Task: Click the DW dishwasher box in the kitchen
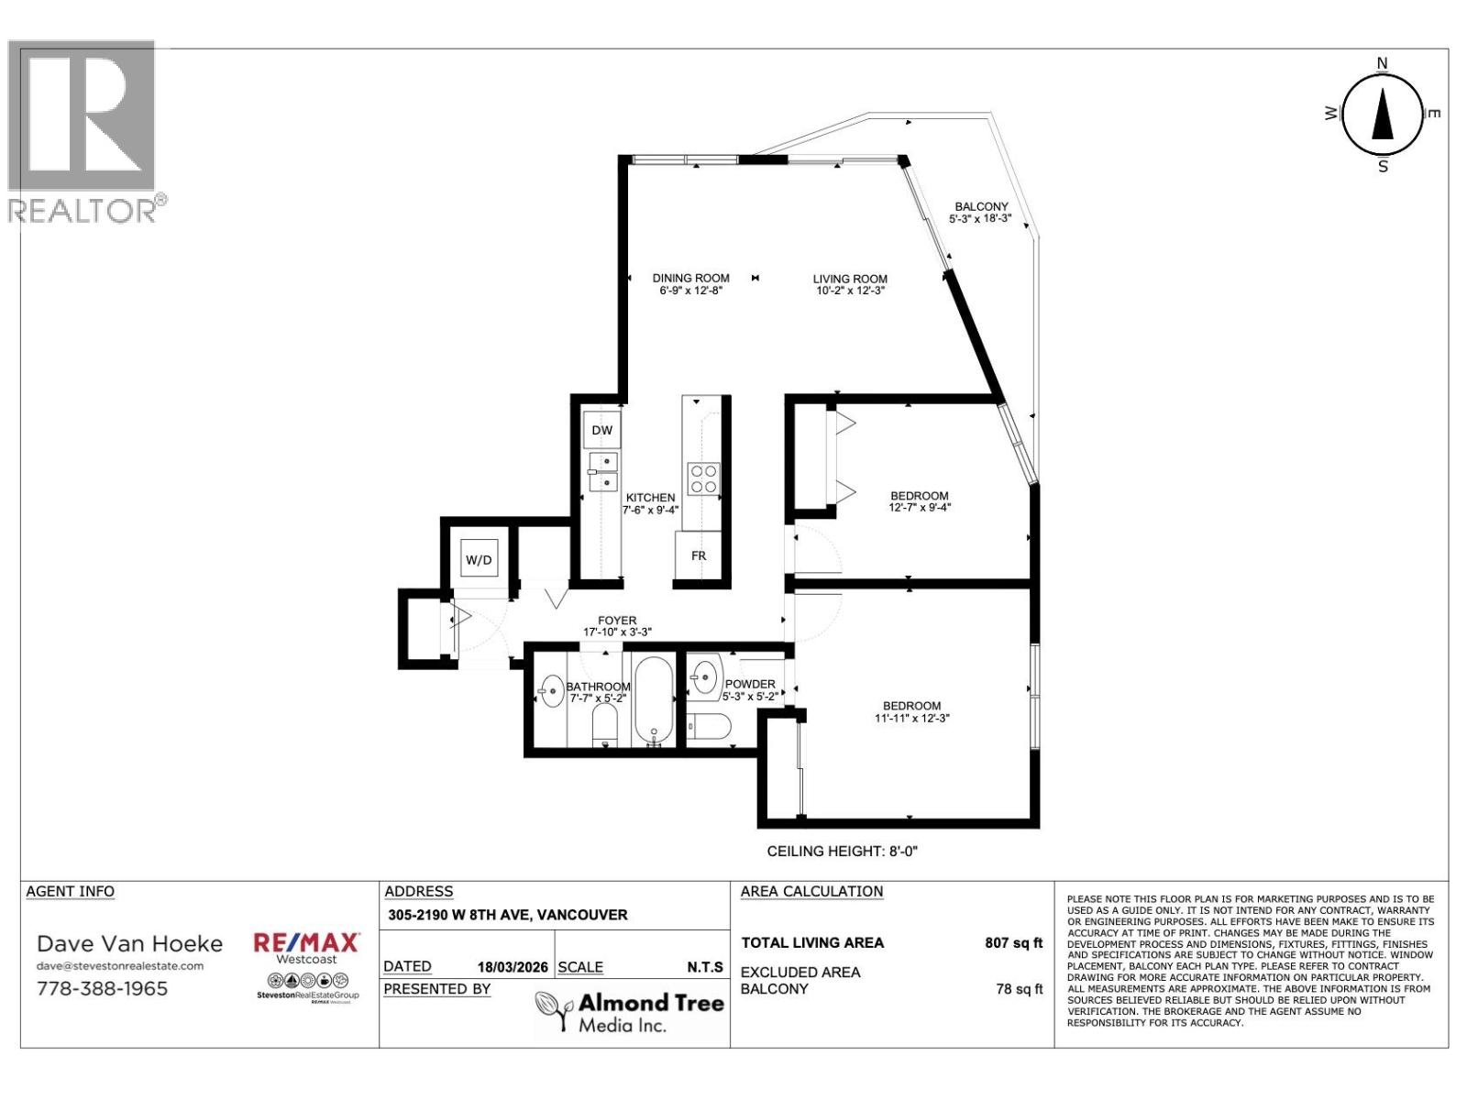click(x=601, y=430)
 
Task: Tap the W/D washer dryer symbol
click(x=479, y=559)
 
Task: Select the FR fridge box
click(x=699, y=555)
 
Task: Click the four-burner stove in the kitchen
click(x=704, y=479)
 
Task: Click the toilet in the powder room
click(x=710, y=727)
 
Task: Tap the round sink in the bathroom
click(x=552, y=694)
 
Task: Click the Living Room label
click(x=850, y=279)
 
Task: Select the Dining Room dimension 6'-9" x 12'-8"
click(x=690, y=291)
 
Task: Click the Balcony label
click(x=981, y=207)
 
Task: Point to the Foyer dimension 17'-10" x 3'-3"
click(x=617, y=632)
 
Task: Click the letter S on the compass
click(x=1383, y=167)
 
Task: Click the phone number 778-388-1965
click(x=102, y=988)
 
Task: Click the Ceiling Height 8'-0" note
click(x=842, y=851)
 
